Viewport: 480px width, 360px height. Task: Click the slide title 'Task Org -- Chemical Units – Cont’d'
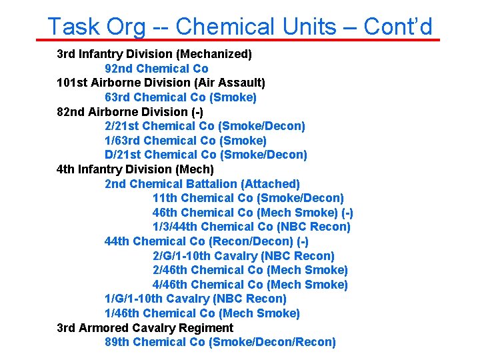[240, 26]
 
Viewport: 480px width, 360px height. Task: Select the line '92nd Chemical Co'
[157, 69]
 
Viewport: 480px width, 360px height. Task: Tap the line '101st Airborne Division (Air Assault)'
[161, 83]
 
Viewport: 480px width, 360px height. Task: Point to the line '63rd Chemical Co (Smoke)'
[181, 97]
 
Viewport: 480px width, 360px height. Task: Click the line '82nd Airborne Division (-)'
[130, 112]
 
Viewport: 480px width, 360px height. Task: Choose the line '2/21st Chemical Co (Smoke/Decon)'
[205, 126]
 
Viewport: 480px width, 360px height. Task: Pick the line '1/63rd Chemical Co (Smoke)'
[185, 141]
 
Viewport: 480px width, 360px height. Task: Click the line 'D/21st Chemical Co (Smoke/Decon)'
[206, 155]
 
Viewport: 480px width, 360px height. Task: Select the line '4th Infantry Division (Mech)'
[135, 169]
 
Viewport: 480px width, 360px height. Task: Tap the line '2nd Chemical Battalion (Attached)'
[202, 183]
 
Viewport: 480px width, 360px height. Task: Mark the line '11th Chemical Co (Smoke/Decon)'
[248, 198]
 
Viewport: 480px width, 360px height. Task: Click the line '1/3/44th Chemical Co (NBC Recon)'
[251, 227]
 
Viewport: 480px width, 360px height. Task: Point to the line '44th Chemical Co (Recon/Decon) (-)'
[207, 241]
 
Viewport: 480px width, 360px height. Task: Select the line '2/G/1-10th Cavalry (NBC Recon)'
[243, 256]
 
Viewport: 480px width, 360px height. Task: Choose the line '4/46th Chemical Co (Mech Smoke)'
[250, 285]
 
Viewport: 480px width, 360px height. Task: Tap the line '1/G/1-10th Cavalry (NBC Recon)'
[195, 299]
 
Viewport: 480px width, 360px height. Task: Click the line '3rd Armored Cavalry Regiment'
[145, 328]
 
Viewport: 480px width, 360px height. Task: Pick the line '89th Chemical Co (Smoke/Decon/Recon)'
[220, 342]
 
